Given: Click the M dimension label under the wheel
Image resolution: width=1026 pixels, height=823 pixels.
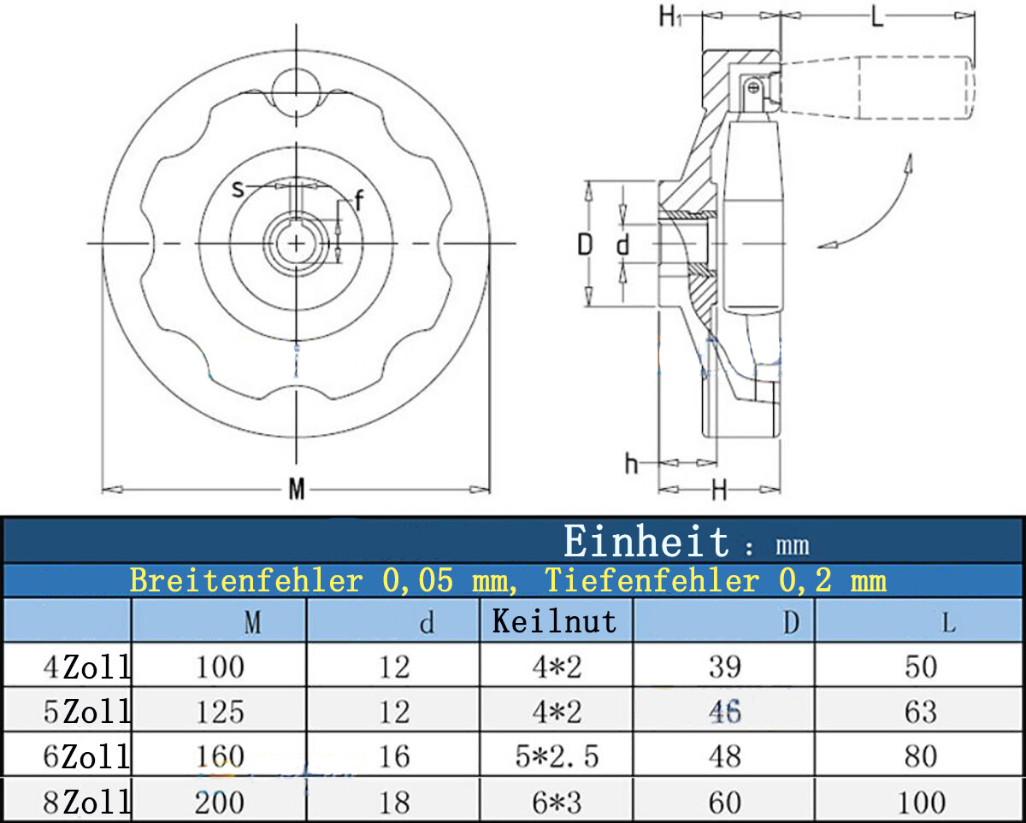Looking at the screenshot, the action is (297, 489).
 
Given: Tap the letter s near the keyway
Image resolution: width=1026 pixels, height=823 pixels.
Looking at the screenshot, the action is (238, 189).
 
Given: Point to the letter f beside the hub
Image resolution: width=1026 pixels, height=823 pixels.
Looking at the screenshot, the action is (359, 200).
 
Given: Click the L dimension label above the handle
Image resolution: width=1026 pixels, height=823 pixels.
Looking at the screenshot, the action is (877, 17).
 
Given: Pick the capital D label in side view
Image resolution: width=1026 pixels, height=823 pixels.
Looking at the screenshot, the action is (585, 244).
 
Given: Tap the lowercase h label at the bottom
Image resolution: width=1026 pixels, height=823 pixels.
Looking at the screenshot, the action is (631, 463).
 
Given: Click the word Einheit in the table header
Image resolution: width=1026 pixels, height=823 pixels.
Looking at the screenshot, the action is (646, 541).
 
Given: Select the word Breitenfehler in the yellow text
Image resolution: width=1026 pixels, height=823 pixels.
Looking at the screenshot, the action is (246, 580).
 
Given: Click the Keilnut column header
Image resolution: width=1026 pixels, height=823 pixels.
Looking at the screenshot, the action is (555, 621).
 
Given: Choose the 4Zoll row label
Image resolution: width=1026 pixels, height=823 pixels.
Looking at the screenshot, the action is (86, 667).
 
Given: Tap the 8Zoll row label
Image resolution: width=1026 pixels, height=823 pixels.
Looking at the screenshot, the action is (86, 802).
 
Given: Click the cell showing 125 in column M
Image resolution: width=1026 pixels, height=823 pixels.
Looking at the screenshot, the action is (220, 712).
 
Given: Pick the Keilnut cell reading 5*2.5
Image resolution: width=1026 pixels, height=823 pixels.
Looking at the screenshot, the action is (557, 756).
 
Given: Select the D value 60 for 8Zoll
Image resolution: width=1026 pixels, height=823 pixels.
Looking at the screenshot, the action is (725, 802).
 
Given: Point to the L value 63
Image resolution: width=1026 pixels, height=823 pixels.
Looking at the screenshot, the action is (921, 712).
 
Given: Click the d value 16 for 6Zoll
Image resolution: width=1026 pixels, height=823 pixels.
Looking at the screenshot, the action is (394, 756).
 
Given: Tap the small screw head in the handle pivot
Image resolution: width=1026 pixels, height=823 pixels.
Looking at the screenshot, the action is (753, 88).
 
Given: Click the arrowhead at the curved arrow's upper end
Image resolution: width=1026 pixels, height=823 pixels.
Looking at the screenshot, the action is (909, 163).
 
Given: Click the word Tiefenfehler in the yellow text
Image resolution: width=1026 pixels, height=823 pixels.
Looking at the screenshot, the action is (652, 580).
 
